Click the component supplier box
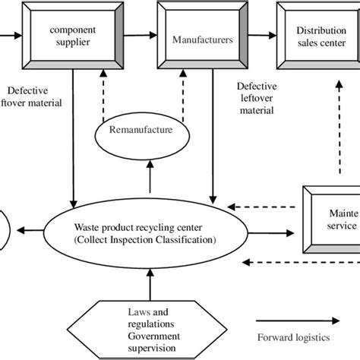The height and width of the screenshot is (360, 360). [72, 35]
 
